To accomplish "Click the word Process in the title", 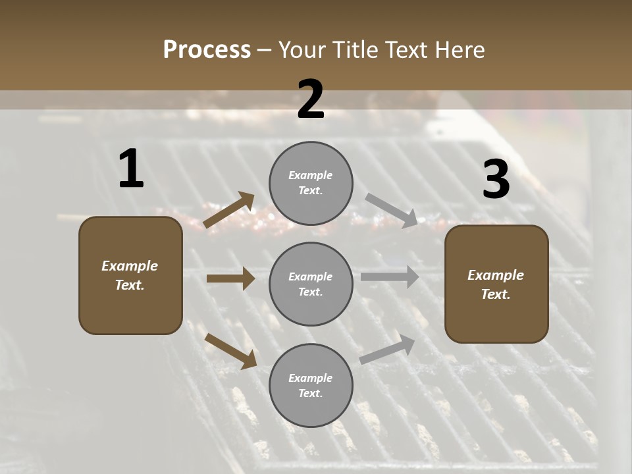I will [207, 50].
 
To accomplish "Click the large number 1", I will [131, 169].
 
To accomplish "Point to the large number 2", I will [311, 99].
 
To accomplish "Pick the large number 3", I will [496, 180].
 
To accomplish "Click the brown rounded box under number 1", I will [130, 275].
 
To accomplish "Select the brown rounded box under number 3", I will [496, 284].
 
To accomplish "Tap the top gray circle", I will [311, 183].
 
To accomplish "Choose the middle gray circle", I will [311, 284].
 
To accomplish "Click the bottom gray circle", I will [311, 385].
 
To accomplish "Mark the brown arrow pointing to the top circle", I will [229, 210].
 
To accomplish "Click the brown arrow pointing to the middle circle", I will [230, 279].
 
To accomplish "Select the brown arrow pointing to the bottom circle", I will [231, 350].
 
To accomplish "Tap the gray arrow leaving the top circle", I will [391, 211].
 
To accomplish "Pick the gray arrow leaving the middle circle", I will [390, 277].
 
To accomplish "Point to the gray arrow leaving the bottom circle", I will [388, 350].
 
